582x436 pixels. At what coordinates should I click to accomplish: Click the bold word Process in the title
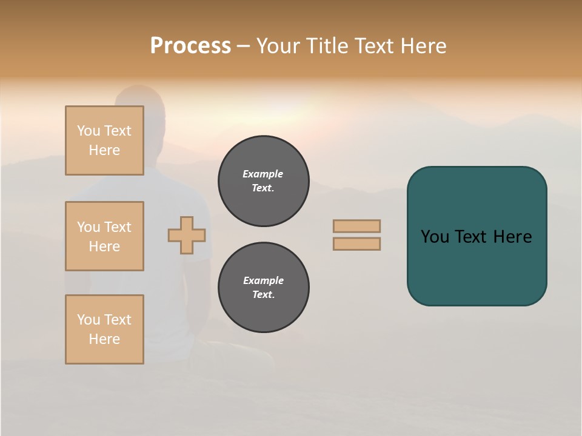pyautogui.click(x=190, y=46)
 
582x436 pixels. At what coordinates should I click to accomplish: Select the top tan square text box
pyautogui.click(x=104, y=140)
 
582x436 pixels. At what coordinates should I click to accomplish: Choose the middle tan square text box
pyautogui.click(x=104, y=236)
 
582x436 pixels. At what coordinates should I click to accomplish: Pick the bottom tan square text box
pyautogui.click(x=104, y=329)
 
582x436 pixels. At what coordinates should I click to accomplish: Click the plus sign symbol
pyautogui.click(x=187, y=235)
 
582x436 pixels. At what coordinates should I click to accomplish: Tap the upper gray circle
pyautogui.click(x=264, y=181)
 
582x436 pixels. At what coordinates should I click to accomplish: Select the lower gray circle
pyautogui.click(x=264, y=288)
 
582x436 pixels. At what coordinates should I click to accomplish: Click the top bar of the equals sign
pyautogui.click(x=356, y=226)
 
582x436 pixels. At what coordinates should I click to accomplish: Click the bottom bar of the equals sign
pyautogui.click(x=356, y=244)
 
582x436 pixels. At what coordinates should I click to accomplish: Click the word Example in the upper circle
pyautogui.click(x=263, y=174)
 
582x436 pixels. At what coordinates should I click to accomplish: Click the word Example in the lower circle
pyautogui.click(x=263, y=280)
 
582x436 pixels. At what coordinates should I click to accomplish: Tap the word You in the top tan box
pyautogui.click(x=88, y=131)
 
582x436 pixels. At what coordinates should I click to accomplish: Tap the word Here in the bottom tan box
pyautogui.click(x=104, y=339)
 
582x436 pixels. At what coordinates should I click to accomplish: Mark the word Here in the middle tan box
pyautogui.click(x=104, y=246)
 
